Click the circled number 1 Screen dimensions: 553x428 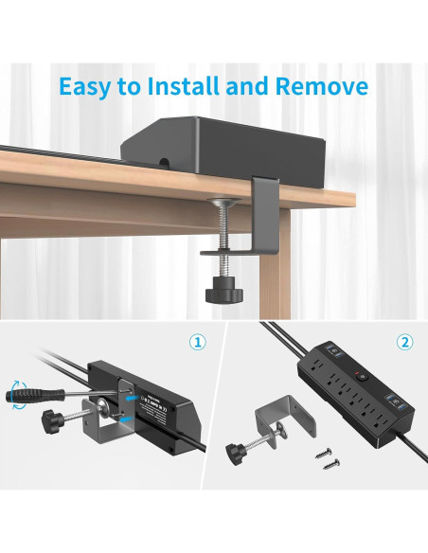pos(197,342)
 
